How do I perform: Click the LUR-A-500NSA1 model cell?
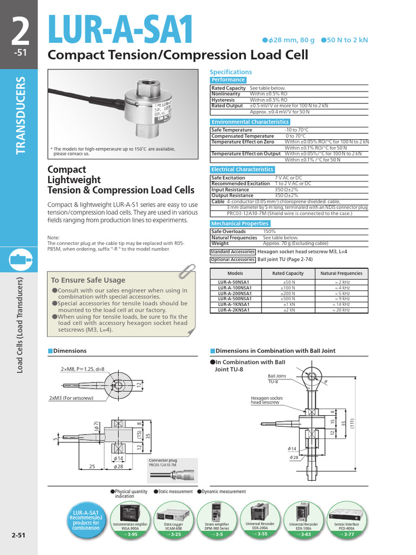pyautogui.click(x=235, y=299)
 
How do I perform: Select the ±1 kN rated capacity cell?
pyautogui.click(x=289, y=304)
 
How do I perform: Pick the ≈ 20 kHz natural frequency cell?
pyautogui.click(x=341, y=310)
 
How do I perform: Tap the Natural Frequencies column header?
pyautogui.click(x=341, y=274)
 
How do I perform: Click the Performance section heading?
pyautogui.click(x=228, y=80)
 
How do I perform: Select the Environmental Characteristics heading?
pyautogui.click(x=250, y=122)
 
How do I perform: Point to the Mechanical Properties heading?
pyautogui.click(x=239, y=223)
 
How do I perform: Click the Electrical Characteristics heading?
pyautogui.click(x=242, y=170)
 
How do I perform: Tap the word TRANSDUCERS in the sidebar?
pyautogui.click(x=21, y=115)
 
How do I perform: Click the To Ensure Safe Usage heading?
pyautogui.click(x=88, y=280)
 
